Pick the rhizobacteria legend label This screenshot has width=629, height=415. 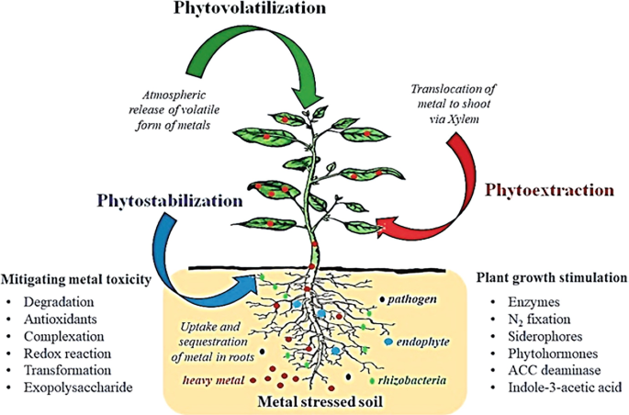[408, 377]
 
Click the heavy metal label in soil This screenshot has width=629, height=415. [208, 378]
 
